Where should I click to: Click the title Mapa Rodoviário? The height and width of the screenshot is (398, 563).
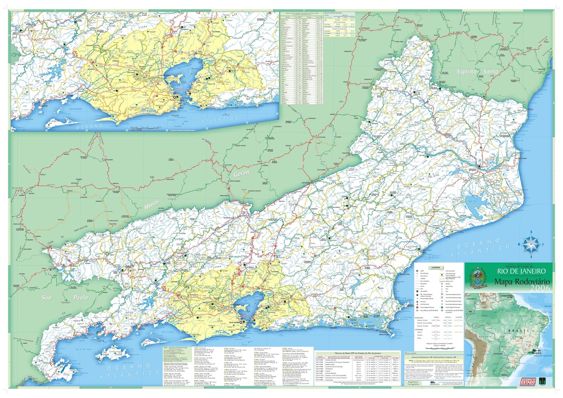pyautogui.click(x=522, y=282)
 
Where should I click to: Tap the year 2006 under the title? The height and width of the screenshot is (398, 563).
pyautogui.click(x=540, y=288)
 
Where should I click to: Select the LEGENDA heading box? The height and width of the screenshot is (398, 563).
pyautogui.click(x=436, y=268)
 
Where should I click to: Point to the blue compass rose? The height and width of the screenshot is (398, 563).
pyautogui.click(x=531, y=244)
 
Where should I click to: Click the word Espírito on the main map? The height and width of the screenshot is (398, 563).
pyautogui.click(x=467, y=72)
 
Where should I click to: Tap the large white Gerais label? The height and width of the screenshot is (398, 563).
pyautogui.click(x=241, y=173)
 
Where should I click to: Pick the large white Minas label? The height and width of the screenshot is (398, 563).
pyautogui.click(x=152, y=205)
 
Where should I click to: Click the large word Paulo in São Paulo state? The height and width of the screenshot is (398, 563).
pyautogui.click(x=81, y=297)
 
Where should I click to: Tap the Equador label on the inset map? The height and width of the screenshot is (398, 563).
pyautogui.click(x=548, y=306)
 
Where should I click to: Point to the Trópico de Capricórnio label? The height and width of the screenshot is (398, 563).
pyautogui.click(x=543, y=356)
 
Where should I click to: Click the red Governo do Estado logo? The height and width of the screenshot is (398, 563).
pyautogui.click(x=527, y=381)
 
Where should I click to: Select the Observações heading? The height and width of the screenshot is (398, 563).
pyautogui.click(x=410, y=353)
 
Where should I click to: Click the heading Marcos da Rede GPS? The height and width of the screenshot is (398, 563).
pyautogui.click(x=358, y=353)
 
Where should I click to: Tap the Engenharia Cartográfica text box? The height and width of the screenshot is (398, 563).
pyautogui.click(x=413, y=383)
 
